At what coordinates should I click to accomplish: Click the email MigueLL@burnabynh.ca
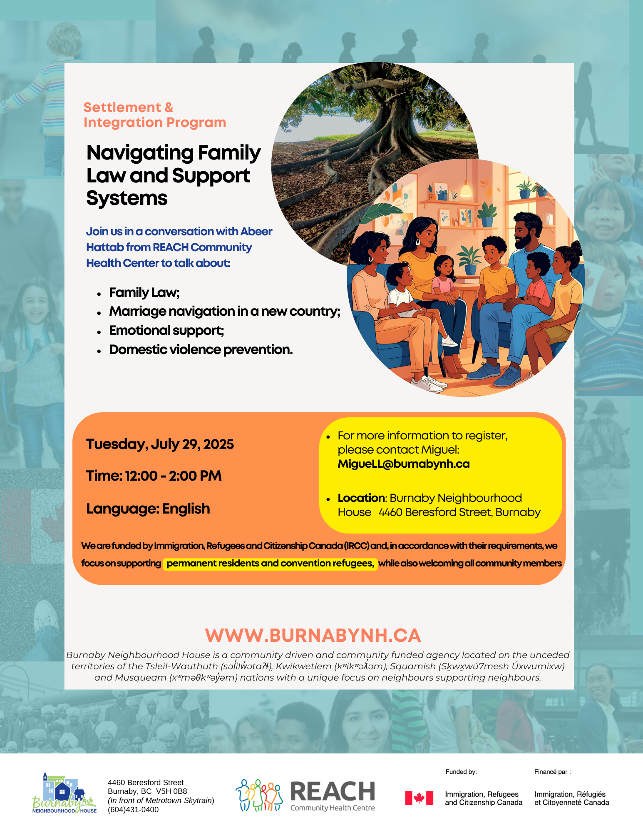coord(403,464)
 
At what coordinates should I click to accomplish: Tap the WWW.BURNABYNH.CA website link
coord(313,636)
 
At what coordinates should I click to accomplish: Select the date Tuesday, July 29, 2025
coord(160,444)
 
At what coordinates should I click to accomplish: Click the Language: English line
coord(148,509)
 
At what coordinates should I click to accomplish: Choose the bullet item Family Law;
coord(144,293)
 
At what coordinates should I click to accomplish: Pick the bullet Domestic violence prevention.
coord(201,349)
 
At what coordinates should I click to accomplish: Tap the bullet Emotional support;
coord(166,330)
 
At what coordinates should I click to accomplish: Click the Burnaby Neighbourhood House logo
coord(64,794)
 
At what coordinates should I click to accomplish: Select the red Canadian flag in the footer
coord(419,798)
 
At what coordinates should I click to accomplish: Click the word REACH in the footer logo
coord(332,791)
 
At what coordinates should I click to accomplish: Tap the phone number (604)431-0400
coord(133,810)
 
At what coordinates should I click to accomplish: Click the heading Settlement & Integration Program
coord(154,115)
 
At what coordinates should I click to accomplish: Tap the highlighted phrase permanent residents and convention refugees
coord(270,564)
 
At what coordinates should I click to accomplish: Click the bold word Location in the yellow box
coord(361,498)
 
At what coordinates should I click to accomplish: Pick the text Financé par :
coord(552,772)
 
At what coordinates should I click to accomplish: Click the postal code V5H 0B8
coord(171,791)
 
